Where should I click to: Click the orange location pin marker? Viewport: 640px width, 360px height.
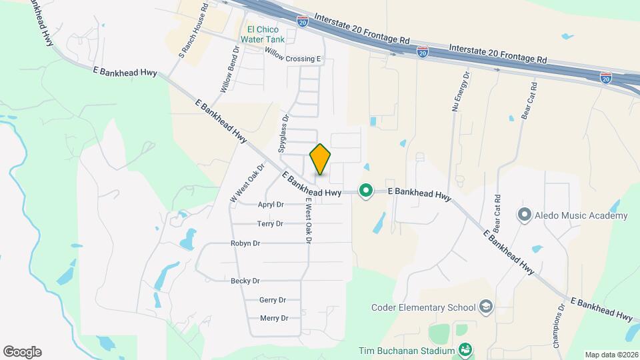pyautogui.click(x=320, y=159)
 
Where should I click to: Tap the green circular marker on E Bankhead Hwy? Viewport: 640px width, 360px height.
pyautogui.click(x=365, y=191)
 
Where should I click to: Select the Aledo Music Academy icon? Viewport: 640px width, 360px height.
pyautogui.click(x=525, y=215)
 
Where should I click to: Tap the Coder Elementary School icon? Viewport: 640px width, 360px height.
pyautogui.click(x=486, y=307)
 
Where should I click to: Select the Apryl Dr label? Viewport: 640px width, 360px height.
pyautogui.click(x=271, y=205)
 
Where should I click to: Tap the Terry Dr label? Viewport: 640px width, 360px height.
pyautogui.click(x=270, y=224)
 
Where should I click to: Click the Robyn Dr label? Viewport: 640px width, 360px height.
pyautogui.click(x=245, y=243)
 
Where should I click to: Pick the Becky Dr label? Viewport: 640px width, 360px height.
pyautogui.click(x=245, y=281)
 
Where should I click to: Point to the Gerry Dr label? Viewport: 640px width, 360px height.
pyautogui.click(x=273, y=300)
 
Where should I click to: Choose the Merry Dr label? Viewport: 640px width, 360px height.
pyautogui.click(x=274, y=318)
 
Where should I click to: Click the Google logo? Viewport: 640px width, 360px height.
pyautogui.click(x=22, y=351)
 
